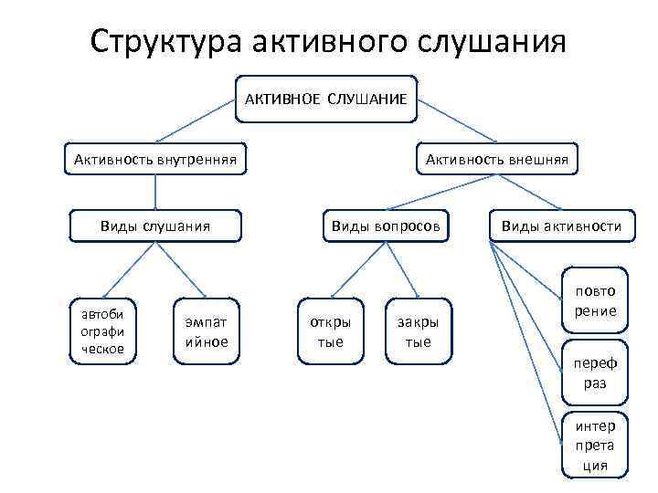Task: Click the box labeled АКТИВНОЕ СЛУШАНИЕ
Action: point(325,100)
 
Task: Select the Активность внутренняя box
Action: point(154,161)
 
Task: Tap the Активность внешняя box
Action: point(496,161)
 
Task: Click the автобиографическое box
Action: point(103,330)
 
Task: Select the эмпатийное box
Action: point(207,330)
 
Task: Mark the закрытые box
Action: point(418,330)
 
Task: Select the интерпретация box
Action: point(595,446)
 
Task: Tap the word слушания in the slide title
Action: point(491,42)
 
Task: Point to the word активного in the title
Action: point(328,42)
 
